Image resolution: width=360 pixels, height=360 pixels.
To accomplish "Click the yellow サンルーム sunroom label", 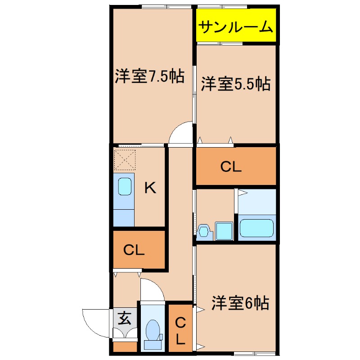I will pos(236,28).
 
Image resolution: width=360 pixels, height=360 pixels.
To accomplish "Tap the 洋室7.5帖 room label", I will pos(149,76).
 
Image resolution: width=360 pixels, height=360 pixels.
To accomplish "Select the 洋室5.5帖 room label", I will pos(235,84).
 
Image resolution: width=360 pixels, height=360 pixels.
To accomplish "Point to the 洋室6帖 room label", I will pos(240,303).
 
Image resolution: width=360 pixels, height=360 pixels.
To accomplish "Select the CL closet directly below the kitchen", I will pos(134,250).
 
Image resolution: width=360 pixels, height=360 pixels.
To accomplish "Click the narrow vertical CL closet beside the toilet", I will pos(180,329).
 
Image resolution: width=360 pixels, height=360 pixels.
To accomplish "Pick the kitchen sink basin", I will pos(125,186).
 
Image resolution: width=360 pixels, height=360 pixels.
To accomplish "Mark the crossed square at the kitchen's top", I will pos(124,158).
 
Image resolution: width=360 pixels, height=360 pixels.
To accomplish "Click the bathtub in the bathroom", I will pos(256,227).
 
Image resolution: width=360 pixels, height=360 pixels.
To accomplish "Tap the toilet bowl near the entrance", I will pos(153,330).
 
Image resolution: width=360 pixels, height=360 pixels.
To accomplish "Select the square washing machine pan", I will pos(224,231).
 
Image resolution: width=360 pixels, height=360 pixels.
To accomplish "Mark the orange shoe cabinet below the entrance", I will pos(125,347).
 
